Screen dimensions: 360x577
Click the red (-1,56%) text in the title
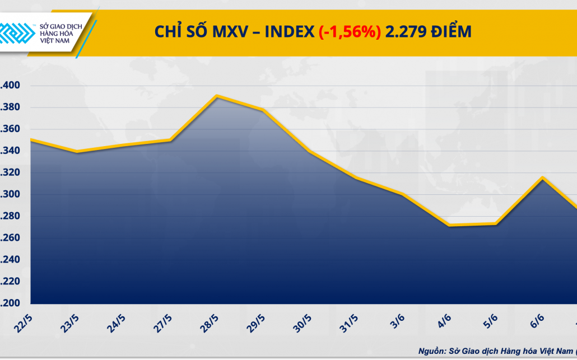[x=350, y=32]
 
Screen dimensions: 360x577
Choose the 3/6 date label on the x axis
[x=398, y=322]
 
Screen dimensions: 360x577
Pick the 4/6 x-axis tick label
[x=445, y=322]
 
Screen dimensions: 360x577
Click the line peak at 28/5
[x=217, y=96]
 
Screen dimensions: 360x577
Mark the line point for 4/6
[x=450, y=226]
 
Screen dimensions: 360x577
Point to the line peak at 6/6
[x=542, y=177]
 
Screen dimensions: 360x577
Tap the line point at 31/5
[x=356, y=178]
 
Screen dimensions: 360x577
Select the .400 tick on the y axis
[x=10, y=86]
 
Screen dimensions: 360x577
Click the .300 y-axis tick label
[x=10, y=195]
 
